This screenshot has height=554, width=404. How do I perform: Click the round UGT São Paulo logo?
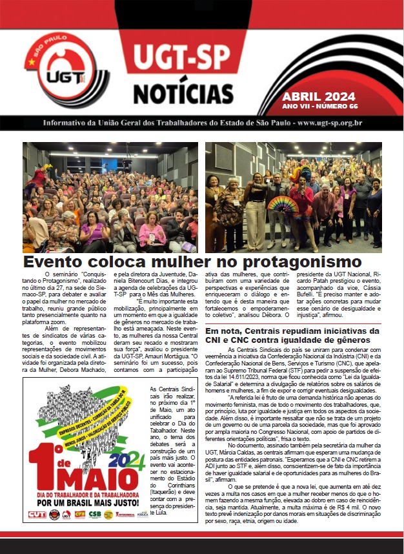click(59, 72)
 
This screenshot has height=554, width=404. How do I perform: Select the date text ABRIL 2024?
click(319, 96)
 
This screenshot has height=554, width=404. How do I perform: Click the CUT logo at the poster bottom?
click(36, 515)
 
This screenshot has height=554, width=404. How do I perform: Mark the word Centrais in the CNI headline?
click(263, 331)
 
